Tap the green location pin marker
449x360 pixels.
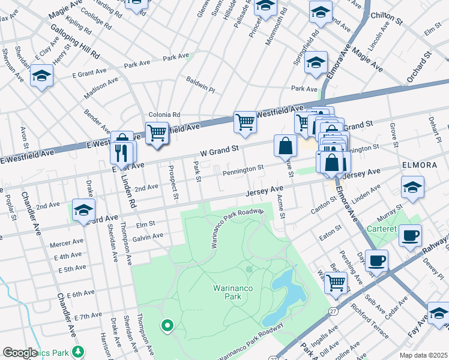(167, 326)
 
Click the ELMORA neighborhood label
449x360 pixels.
(424, 163)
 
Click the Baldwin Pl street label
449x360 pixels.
(200, 83)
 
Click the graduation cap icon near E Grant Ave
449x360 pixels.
(41, 76)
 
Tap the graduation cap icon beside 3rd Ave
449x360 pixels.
(84, 211)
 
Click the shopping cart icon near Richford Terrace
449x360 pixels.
(337, 283)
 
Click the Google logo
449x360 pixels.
(20, 353)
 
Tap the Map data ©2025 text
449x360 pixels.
(423, 355)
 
